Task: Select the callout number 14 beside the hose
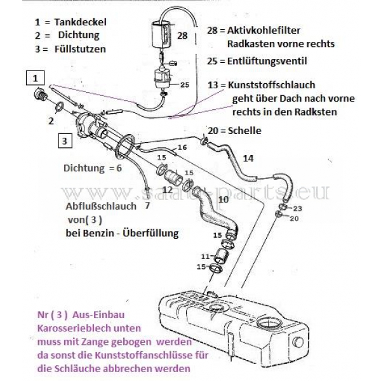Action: (248, 157)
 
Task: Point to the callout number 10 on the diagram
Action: (223, 199)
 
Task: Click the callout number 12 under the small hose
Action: (168, 190)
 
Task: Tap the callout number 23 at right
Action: (298, 208)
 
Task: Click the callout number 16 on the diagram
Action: (182, 147)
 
